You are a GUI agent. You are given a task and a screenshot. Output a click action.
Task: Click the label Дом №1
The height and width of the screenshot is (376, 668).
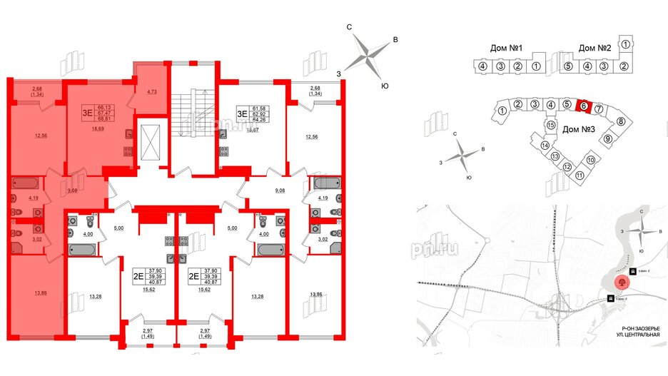point(508,49)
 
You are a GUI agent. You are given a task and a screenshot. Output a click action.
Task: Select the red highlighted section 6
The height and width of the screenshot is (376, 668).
point(583,106)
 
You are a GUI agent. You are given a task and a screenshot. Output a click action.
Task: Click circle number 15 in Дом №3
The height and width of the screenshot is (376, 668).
point(551,125)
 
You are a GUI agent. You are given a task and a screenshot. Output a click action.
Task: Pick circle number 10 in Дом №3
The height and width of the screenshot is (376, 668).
point(591,160)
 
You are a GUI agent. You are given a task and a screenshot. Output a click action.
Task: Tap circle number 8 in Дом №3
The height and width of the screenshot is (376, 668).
point(621,121)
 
